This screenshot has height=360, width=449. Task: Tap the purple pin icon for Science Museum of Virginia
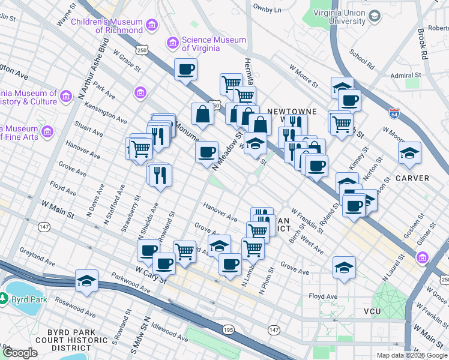click(173, 43)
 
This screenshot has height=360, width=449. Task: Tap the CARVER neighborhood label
click(412, 178)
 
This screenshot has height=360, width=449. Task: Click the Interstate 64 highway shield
click(393, 112)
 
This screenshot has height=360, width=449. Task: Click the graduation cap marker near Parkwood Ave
click(87, 281)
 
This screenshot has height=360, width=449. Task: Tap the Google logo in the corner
click(20, 353)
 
